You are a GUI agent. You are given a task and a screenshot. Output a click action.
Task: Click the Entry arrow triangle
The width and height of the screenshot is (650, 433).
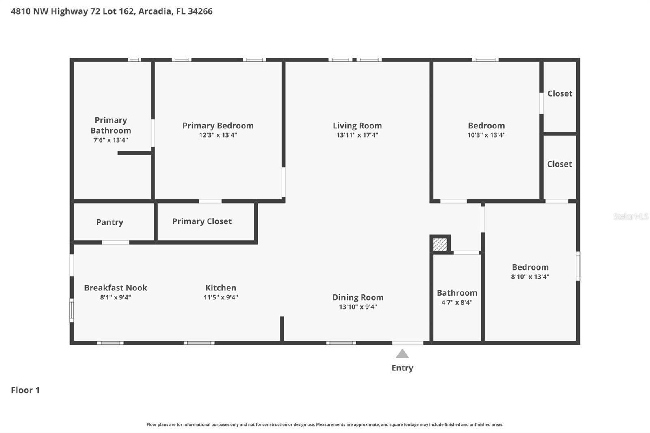pyautogui.click(x=402, y=354)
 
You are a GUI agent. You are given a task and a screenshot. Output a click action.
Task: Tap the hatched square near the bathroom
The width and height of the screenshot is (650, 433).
pyautogui.click(x=440, y=244)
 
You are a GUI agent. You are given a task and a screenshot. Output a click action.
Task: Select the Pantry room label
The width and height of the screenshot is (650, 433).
pyautogui.click(x=110, y=222)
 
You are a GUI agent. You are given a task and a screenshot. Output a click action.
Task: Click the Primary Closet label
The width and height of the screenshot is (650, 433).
pyautogui.click(x=202, y=221)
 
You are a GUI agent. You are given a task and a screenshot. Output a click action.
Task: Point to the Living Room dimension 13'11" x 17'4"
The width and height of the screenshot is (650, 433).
pyautogui.click(x=357, y=135)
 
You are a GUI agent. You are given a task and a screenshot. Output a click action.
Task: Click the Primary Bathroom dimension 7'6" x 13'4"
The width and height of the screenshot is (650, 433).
pyautogui.click(x=110, y=140)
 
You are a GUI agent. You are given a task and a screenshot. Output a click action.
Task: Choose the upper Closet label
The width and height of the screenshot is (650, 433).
pyautogui.click(x=560, y=93)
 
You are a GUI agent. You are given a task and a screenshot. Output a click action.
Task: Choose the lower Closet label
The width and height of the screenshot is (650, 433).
pyautogui.click(x=559, y=164)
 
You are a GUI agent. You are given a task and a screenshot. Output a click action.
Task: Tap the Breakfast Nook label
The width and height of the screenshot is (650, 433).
pyautogui.click(x=116, y=288)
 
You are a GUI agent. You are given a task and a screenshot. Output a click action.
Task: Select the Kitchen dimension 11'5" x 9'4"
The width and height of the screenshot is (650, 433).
pyautogui.click(x=221, y=297)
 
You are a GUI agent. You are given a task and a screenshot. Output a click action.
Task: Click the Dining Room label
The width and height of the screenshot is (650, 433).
pyautogui.click(x=358, y=297)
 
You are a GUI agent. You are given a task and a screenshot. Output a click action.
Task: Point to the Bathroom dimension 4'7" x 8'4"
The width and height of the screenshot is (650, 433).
pyautogui.click(x=457, y=303)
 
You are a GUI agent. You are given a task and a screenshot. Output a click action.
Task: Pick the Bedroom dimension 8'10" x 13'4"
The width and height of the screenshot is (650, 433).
pyautogui.click(x=530, y=277)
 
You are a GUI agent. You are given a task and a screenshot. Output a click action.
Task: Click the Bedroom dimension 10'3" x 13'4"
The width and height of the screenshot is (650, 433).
pyautogui.click(x=486, y=135)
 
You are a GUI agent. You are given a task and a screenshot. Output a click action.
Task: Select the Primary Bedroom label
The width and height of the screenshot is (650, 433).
pyautogui.click(x=218, y=126)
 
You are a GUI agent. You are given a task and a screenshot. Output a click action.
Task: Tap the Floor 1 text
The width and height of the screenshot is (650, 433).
pyautogui.click(x=25, y=390)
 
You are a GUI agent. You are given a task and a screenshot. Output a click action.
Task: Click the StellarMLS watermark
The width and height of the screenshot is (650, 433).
pyautogui.click(x=630, y=216)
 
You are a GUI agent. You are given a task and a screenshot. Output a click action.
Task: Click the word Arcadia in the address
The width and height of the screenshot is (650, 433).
pyautogui.click(x=155, y=11)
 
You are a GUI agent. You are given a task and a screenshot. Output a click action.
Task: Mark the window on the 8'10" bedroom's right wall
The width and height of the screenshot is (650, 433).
pyautogui.click(x=578, y=266)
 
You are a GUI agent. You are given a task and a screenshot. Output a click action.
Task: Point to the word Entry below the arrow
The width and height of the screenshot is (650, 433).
pyautogui.click(x=402, y=368)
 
